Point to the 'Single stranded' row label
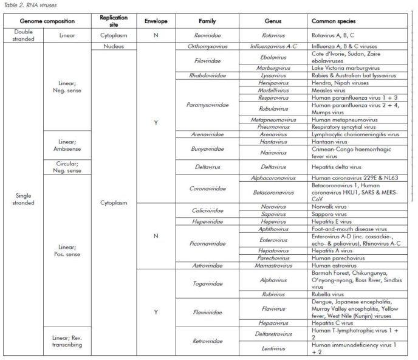pos(22,199)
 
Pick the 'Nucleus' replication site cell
pos(114,46)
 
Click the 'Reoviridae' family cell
pos(210,36)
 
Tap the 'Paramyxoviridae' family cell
pos(210,105)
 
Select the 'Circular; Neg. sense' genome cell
pos(66,166)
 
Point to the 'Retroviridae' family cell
pos(210,341)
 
